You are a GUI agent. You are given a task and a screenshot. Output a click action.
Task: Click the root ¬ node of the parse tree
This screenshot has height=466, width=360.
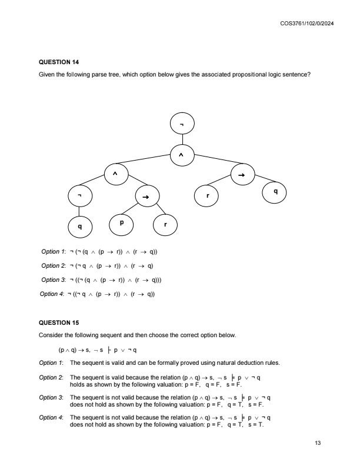pos(181,125)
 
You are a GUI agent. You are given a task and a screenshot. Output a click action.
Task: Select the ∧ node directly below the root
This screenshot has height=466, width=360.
pos(181,155)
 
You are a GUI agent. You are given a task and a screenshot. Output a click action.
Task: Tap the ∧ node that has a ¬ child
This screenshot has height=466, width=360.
pos(115,175)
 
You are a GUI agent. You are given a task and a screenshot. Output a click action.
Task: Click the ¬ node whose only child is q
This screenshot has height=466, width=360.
pos(79,196)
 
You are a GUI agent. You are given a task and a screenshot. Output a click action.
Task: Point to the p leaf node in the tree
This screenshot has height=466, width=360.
pos(122,224)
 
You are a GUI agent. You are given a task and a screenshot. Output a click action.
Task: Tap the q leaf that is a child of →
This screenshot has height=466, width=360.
pos(275,192)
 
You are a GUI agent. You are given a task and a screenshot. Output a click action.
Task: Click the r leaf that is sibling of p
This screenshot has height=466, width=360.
pos(165,225)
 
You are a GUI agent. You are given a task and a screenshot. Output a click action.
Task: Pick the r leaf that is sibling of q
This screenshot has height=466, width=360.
pos(208,195)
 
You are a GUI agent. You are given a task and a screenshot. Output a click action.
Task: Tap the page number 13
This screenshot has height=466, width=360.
pos(318,447)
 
